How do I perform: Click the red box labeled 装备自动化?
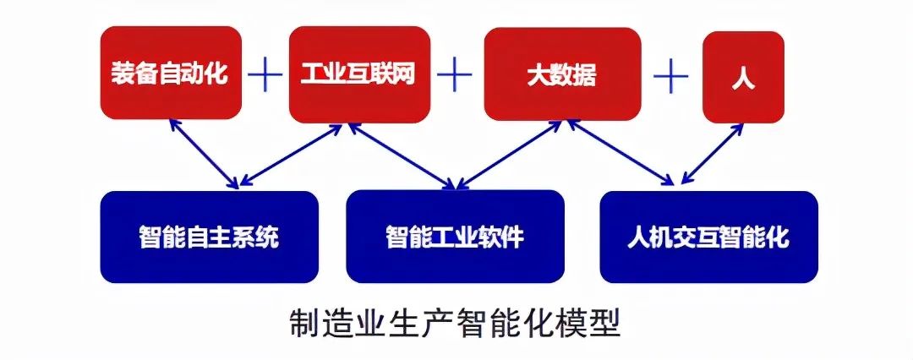pyautogui.click(x=171, y=73)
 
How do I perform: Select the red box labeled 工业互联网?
pyautogui.click(x=359, y=74)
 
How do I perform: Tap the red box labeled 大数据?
pyautogui.click(x=562, y=74)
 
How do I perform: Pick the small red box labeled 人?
pyautogui.click(x=743, y=77)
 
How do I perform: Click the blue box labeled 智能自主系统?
pyautogui.click(x=209, y=237)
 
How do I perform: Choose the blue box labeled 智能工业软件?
pyautogui.click(x=455, y=237)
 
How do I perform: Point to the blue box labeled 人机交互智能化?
pyautogui.click(x=708, y=237)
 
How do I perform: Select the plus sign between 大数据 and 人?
pyautogui.click(x=671, y=75)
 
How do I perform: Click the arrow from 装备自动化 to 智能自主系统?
pyautogui.click(x=203, y=154)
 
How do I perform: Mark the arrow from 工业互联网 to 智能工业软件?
pyautogui.click(x=402, y=156)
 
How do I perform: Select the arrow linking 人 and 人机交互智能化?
pyautogui.click(x=712, y=154)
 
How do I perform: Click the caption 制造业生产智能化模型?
pyautogui.click(x=455, y=325)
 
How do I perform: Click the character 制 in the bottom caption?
pyautogui.click(x=306, y=325)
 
